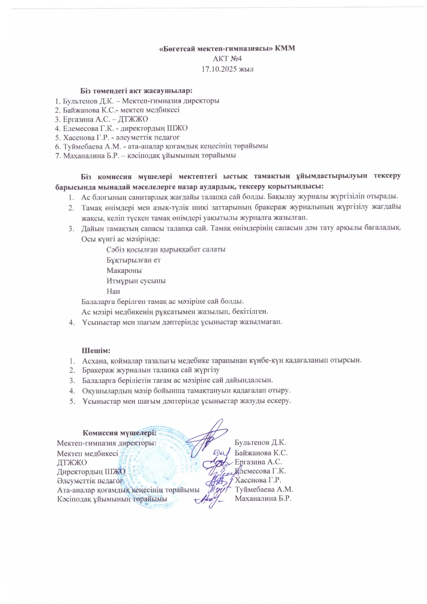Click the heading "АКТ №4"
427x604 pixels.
tap(227, 59)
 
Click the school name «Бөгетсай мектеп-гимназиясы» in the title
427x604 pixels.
tap(216, 48)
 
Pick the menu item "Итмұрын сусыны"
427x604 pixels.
tap(136, 281)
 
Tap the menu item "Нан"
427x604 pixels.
tap(113, 291)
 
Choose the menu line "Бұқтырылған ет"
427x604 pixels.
tap(133, 260)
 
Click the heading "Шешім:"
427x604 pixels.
tap(96, 351)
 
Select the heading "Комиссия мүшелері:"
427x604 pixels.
tap(119, 433)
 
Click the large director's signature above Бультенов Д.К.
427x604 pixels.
tap(208, 434)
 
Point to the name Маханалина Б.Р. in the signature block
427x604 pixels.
tap(263, 499)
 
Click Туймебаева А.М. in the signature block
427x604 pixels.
tap(264, 489)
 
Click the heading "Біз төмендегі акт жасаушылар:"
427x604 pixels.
tap(136, 91)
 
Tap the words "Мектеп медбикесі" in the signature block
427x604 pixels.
tap(87, 454)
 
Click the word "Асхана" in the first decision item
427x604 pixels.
tap(94, 360)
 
